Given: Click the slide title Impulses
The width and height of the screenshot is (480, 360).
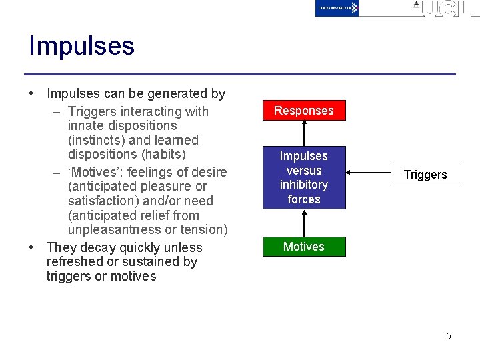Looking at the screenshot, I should [81, 46].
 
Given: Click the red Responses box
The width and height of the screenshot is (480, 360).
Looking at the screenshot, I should [303, 111].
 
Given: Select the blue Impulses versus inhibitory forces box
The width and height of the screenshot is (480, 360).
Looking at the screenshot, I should [303, 177].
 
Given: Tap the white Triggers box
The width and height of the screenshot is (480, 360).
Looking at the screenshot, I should [425, 175].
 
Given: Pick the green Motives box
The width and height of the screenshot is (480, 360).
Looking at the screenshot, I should [303, 247].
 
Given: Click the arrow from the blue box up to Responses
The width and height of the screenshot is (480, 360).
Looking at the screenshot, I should [304, 133].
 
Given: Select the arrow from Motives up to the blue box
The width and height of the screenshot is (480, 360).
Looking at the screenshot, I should [304, 223].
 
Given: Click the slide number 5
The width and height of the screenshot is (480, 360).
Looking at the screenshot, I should [448, 336].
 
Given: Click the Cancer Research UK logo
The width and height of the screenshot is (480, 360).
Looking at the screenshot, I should [337, 8].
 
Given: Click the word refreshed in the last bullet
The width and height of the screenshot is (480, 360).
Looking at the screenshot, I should [75, 262].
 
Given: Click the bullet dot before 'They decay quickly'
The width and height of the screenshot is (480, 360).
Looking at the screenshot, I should [31, 247].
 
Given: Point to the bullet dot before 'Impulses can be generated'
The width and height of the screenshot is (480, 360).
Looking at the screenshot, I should [31, 94].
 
